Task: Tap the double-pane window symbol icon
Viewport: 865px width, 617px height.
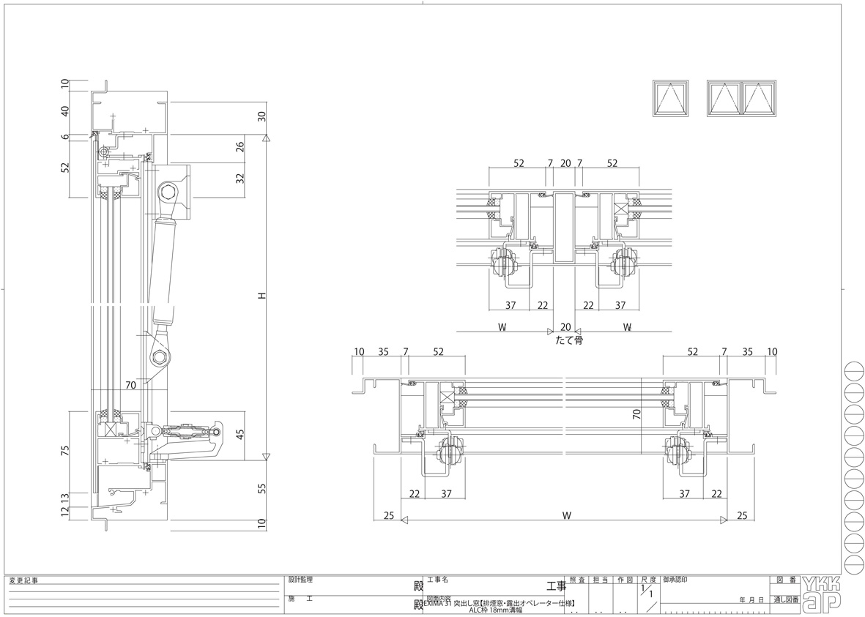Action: tap(742, 98)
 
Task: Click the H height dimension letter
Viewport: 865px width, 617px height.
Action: tap(261, 296)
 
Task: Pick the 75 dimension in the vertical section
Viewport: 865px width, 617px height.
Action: tap(64, 451)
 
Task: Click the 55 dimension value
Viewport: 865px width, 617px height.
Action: tap(261, 489)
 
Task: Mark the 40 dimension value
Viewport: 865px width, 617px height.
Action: tap(64, 111)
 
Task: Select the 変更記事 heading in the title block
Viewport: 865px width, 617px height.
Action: tap(23, 581)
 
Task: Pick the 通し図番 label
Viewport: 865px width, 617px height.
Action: tap(783, 599)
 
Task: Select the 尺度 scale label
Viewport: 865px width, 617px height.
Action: tap(648, 579)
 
